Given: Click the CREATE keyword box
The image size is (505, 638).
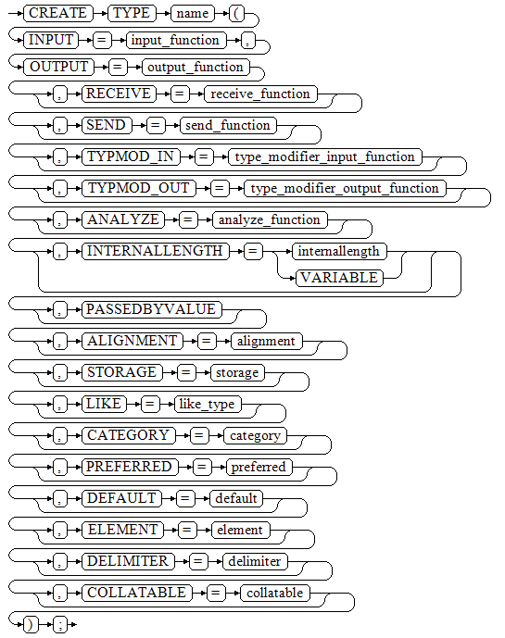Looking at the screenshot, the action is click(58, 13).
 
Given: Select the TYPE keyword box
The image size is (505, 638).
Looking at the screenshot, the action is click(132, 13).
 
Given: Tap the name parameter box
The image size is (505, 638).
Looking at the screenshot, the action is click(193, 13).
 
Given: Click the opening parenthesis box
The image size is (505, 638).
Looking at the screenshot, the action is click(237, 13).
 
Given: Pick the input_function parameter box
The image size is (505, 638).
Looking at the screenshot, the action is click(175, 41).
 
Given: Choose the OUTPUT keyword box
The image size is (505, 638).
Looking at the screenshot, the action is click(59, 67).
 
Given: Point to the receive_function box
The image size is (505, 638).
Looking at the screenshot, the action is click(260, 94).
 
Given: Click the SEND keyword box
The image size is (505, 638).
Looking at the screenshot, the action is click(107, 125).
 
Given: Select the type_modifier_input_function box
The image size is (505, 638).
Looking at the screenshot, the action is click(325, 156).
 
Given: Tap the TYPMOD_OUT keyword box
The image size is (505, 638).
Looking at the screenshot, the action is click(139, 188).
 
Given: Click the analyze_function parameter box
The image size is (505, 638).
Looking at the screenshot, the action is click(270, 219).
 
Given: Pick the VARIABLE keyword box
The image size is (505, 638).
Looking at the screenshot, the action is click(340, 278).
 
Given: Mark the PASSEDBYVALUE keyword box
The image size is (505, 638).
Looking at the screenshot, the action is click(152, 309).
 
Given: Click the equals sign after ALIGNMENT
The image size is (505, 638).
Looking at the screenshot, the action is click(207, 341).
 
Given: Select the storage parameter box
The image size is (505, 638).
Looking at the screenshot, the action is click(237, 372).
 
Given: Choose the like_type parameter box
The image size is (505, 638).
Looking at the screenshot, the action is click(208, 404).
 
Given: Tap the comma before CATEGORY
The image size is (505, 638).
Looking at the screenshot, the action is click(60, 436).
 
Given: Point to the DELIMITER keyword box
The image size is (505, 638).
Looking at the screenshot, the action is click(128, 561).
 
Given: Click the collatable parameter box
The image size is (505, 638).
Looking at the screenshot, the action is click(275, 593).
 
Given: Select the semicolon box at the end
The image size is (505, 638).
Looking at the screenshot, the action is click(60, 624).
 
